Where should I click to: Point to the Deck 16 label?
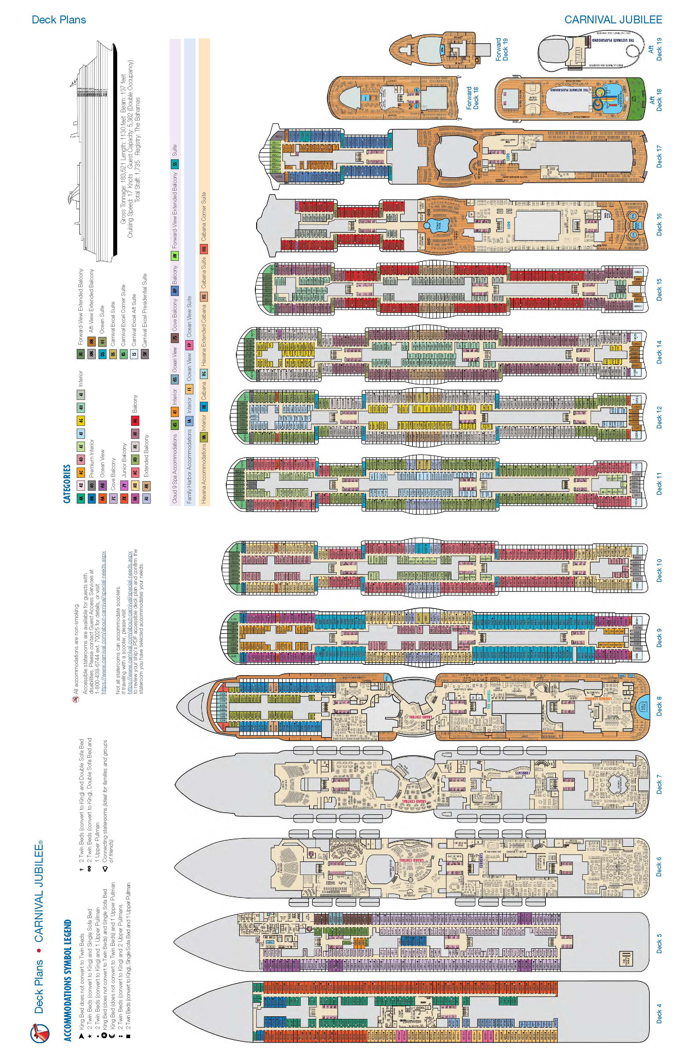(x=659, y=225)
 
